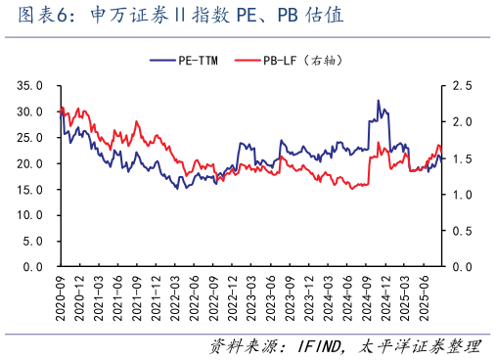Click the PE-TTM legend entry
pyautogui.click(x=197, y=61)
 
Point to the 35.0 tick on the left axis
pyautogui.click(x=29, y=86)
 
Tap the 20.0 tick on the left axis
pyautogui.click(x=29, y=163)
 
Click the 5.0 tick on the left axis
pyautogui.click(x=32, y=240)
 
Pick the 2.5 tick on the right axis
pyautogui.click(x=463, y=86)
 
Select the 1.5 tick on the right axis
pyautogui.click(x=463, y=158)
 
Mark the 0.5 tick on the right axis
pyautogui.click(x=463, y=230)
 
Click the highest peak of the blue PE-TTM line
pyautogui.click(x=379, y=100)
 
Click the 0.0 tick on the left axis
pyautogui.click(x=32, y=265)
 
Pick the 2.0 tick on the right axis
pyautogui.click(x=463, y=122)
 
